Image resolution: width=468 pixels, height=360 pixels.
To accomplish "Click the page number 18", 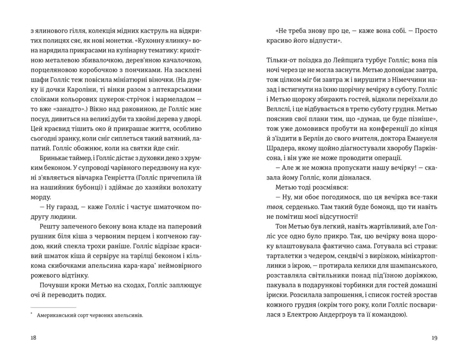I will [33, 337].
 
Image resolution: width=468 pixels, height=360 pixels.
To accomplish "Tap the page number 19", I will [434, 337].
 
